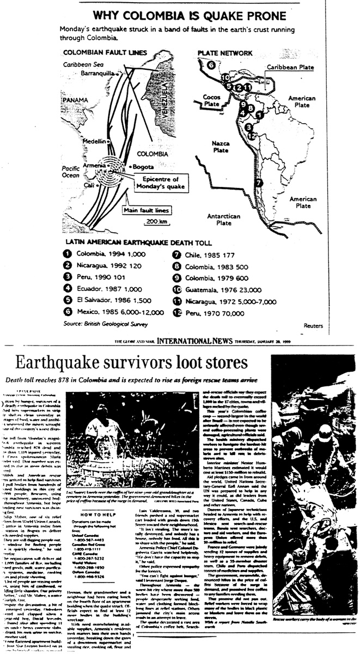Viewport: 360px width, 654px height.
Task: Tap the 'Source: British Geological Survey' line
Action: coord(99,323)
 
